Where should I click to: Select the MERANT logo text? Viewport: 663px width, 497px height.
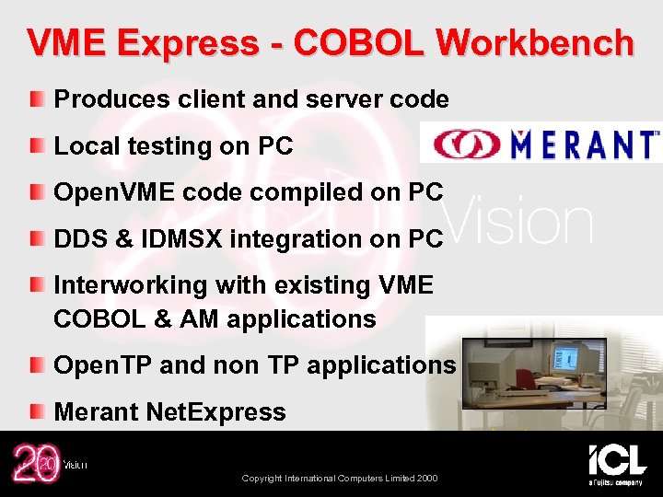click(586, 144)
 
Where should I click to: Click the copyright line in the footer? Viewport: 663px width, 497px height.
click(339, 478)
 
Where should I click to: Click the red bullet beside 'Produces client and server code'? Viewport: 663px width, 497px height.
click(35, 98)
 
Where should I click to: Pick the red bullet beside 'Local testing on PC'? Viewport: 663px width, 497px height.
click(35, 145)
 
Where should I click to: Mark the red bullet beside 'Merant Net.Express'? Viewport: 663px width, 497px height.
click(35, 411)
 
